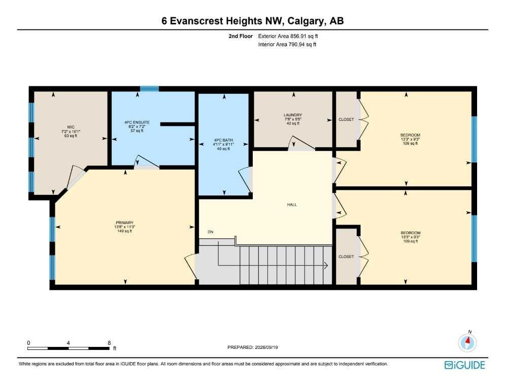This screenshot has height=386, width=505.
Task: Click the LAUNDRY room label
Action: (x=293, y=115)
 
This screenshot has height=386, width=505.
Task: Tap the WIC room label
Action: (x=71, y=127)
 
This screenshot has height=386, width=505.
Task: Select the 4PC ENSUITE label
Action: (x=137, y=122)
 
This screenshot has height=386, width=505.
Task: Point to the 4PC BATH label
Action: (x=223, y=141)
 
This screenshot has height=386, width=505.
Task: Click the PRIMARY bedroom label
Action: (x=125, y=222)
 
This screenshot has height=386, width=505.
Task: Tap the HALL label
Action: (x=292, y=205)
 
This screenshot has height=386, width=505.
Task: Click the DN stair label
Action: (x=210, y=232)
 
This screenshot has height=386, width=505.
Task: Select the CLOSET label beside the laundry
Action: (x=346, y=119)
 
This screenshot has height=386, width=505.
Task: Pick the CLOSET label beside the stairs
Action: (x=346, y=257)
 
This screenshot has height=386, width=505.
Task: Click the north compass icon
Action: (x=467, y=342)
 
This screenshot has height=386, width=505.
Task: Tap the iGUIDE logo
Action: (x=465, y=365)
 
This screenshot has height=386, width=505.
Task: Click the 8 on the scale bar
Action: (x=109, y=343)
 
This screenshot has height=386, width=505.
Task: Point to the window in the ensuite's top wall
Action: (x=149, y=88)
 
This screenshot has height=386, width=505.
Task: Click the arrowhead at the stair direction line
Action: (x=326, y=266)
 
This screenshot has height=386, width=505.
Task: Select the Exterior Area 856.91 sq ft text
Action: (x=288, y=37)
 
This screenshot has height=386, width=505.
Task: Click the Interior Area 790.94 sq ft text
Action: (x=287, y=45)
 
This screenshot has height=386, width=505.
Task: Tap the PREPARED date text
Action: (x=253, y=347)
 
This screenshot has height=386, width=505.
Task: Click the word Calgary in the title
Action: (x=306, y=21)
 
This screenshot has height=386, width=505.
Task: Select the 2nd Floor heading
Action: (x=241, y=37)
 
